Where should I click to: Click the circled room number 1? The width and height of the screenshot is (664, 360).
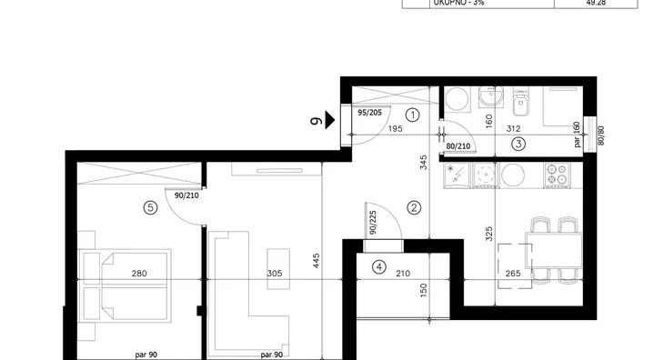point(412,115)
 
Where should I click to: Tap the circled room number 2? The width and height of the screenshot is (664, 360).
point(414,207)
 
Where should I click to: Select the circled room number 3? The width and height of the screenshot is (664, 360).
point(518,144)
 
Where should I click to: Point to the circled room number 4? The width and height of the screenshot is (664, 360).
point(379,267)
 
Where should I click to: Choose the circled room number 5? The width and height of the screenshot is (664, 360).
point(150,207)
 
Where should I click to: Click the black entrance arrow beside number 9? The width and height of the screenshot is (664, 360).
point(330,120)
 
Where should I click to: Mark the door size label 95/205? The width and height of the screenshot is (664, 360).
point(369,113)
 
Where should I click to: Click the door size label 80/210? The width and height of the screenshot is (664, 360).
point(458,146)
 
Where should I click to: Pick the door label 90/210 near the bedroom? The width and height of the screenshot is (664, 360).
point(186,195)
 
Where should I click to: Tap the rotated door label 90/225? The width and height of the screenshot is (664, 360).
point(373,223)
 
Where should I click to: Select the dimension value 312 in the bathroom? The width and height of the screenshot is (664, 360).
point(513,128)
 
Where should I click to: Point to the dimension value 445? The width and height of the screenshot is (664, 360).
point(317,261)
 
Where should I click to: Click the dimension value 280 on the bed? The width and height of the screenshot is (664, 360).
point(139,274)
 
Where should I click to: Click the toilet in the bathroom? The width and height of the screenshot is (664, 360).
point(520,102)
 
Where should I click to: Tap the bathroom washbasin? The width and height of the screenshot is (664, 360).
point(491,97)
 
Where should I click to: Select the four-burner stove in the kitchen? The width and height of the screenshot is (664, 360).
point(557,175)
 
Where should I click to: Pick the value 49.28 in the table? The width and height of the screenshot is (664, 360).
point(596,3)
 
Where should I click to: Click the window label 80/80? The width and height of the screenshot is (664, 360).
point(600,135)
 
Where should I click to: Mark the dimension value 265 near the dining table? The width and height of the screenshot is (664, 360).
point(513,274)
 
